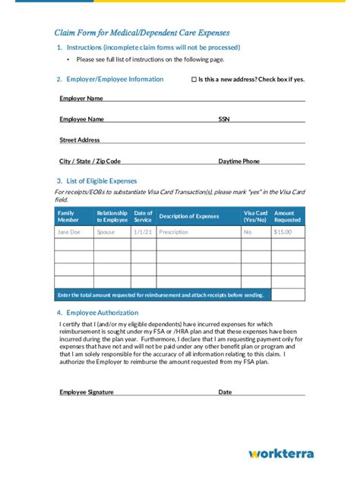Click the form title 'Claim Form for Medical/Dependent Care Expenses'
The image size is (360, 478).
pos(142,33)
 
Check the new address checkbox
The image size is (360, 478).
pos(194,79)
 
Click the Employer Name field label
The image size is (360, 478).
pos(81,98)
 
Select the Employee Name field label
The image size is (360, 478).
pos(81,119)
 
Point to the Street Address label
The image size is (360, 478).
pos(80,140)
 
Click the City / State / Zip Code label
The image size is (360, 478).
pos(90,161)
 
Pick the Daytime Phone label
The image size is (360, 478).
pos(238,161)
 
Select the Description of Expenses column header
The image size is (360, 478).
pos(188,216)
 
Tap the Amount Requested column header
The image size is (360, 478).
pos(288,216)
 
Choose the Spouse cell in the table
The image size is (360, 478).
pos(106,232)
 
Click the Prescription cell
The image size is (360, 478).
pos(174,232)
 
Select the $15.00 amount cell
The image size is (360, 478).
pos(283,232)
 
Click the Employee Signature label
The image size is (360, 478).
pos(87,392)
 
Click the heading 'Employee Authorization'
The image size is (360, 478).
pos(102,313)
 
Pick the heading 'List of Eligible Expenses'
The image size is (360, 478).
pos(101,181)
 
